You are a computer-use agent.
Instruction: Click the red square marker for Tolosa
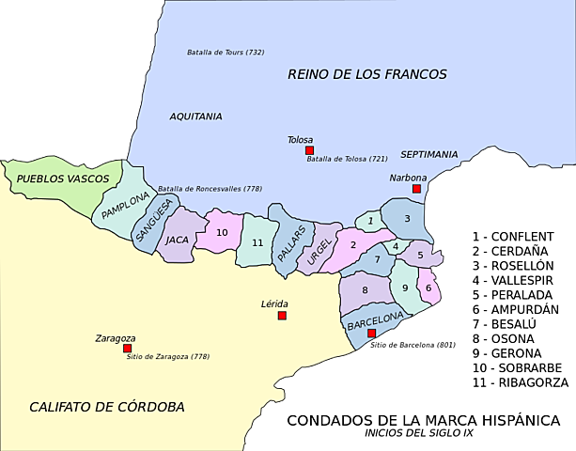point(308,150)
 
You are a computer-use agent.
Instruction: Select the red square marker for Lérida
point(282,316)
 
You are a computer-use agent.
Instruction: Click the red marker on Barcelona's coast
point(371,334)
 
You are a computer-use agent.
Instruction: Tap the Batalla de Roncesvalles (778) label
point(210,189)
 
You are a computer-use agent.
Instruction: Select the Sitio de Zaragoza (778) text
point(166,357)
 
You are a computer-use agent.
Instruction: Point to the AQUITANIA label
point(195,117)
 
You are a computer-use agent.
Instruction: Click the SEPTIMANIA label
point(428,153)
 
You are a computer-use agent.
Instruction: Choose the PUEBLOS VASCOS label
point(63,178)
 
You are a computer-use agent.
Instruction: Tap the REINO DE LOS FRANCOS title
point(367,73)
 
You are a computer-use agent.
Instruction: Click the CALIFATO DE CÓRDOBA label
point(106,407)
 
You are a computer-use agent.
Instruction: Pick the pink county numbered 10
point(223,232)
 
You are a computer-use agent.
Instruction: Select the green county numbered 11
point(257,243)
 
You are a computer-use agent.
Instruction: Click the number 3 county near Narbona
point(407,219)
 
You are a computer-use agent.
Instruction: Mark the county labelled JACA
point(178,240)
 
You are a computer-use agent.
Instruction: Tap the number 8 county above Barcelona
point(364,289)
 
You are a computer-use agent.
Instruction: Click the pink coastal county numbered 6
point(428,288)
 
